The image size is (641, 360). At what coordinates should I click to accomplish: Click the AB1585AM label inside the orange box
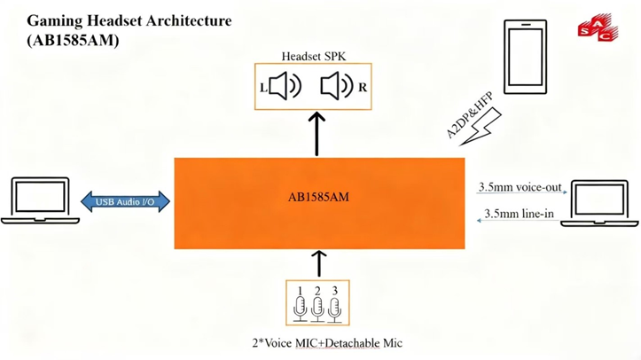(318, 197)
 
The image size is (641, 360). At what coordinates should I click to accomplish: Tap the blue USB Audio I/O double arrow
(124, 200)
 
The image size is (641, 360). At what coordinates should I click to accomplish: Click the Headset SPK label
(313, 57)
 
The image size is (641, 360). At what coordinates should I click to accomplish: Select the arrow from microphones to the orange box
(318, 263)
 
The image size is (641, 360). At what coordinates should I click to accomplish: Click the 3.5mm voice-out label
(520, 188)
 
